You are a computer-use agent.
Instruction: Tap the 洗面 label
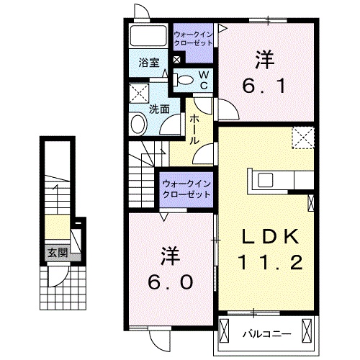[159, 109]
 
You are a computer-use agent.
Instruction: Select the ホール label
[194, 130]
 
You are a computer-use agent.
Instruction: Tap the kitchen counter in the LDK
[279, 180]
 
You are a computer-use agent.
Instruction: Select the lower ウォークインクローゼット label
[186, 188]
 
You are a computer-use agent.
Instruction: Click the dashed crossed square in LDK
[302, 137]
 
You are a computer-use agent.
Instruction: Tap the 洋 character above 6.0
[170, 254]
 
